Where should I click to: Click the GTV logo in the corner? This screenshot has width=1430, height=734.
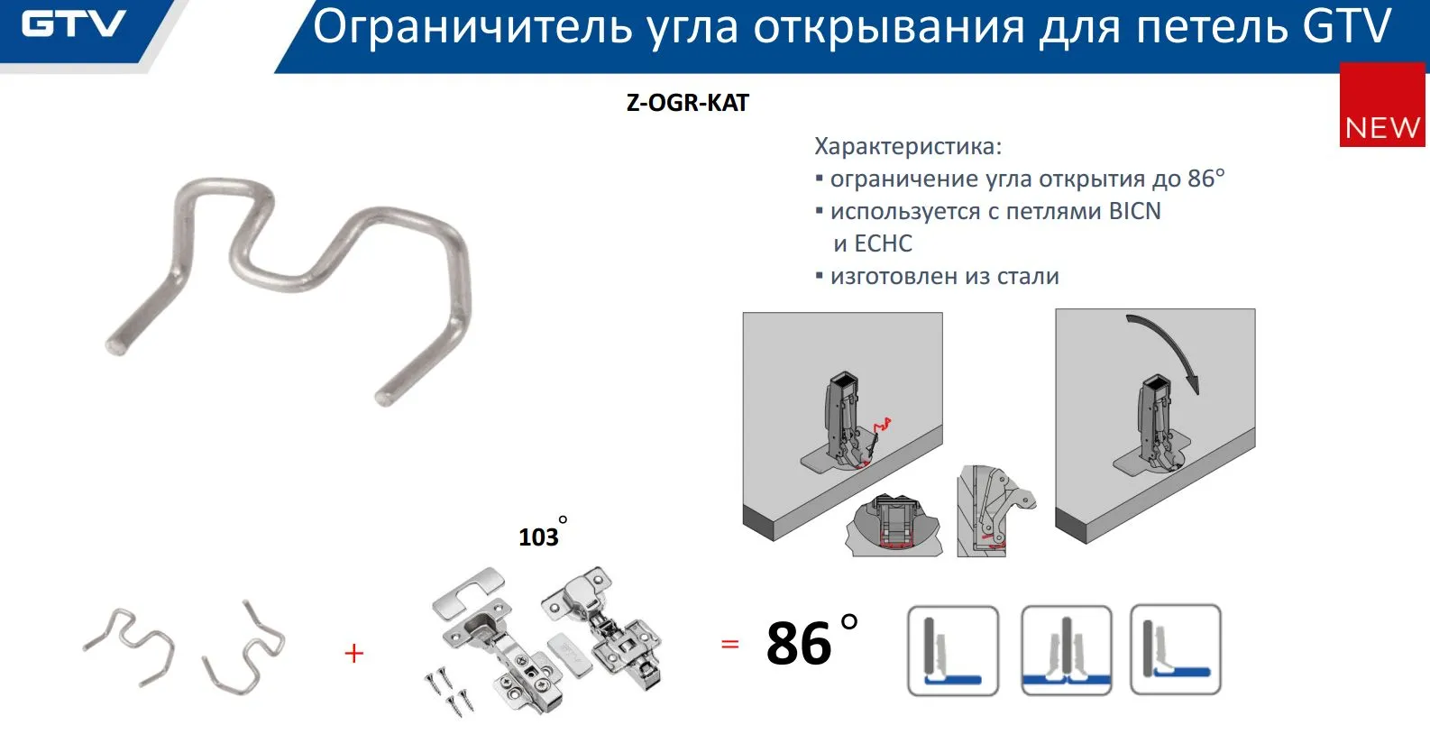pyautogui.click(x=73, y=24)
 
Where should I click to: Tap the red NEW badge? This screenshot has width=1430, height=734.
pyautogui.click(x=1382, y=105)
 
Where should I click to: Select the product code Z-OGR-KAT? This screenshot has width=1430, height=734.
pyautogui.click(x=688, y=103)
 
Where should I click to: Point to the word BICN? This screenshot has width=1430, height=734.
pyautogui.click(x=1134, y=211)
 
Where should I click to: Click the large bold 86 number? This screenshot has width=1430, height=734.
pyautogui.click(x=799, y=643)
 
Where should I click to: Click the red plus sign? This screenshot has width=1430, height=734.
pyautogui.click(x=353, y=653)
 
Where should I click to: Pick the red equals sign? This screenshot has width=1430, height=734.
pyautogui.click(x=729, y=644)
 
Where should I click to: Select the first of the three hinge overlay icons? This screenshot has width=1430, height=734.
pyautogui.click(x=952, y=650)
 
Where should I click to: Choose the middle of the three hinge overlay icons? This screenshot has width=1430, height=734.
pyautogui.click(x=1066, y=650)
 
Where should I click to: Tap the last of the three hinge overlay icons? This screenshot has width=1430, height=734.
pyautogui.click(x=1175, y=650)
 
